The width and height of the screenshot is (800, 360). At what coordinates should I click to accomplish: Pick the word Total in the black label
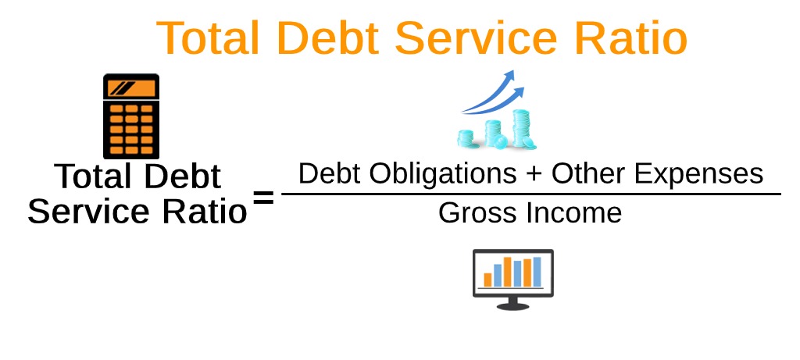pyautogui.click(x=92, y=177)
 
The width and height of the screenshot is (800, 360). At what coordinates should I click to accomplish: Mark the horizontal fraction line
pyautogui.click(x=531, y=194)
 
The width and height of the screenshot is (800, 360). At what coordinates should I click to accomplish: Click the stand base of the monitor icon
pyautogui.click(x=512, y=305)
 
